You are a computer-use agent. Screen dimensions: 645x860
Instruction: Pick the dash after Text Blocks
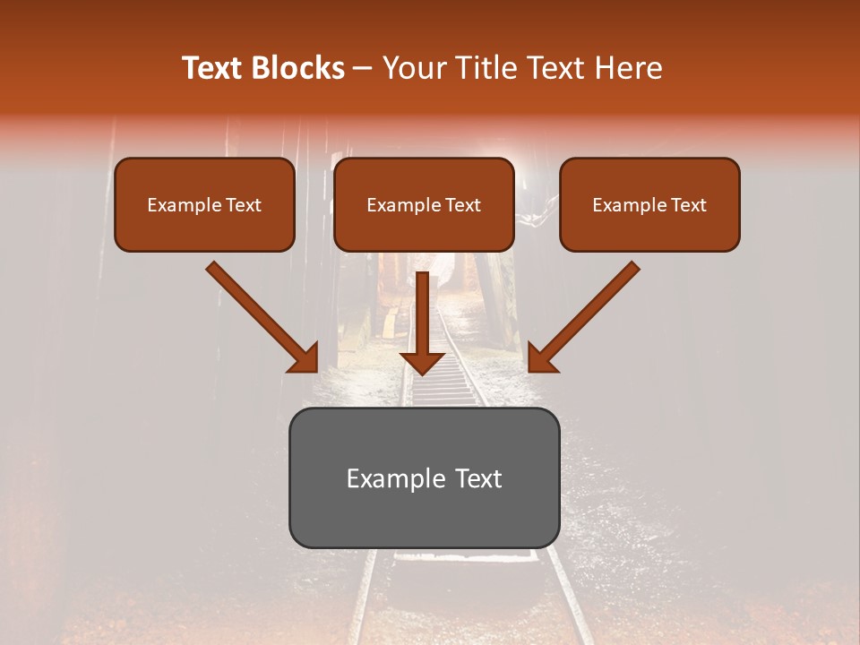pos(363,69)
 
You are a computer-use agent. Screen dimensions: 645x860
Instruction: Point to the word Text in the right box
pos(689,205)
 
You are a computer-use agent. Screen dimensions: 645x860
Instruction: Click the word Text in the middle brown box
pos(463,205)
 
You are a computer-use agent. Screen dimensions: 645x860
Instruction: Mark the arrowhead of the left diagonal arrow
pos(305,358)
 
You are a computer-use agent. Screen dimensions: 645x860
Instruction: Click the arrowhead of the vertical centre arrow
pos(422,362)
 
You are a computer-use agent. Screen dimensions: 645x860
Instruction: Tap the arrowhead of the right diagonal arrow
pos(541,358)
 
